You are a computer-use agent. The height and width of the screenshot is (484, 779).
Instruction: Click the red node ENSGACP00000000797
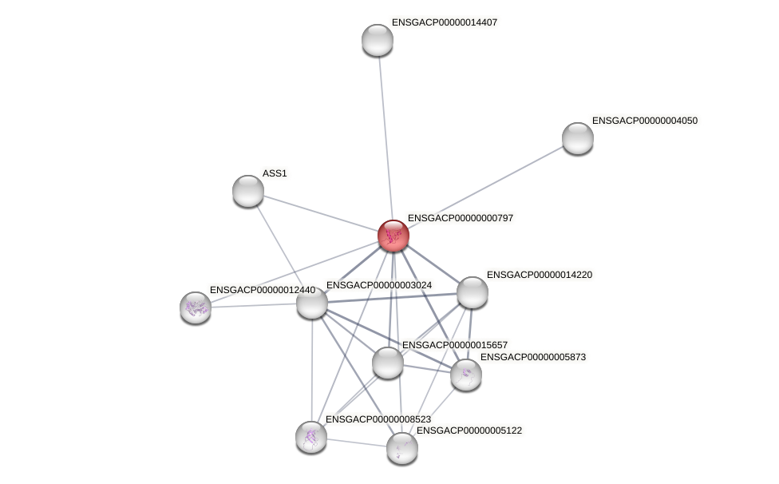click(x=393, y=236)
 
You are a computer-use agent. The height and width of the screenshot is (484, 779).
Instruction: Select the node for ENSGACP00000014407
click(x=378, y=40)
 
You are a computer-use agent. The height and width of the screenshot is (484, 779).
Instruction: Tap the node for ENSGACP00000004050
click(x=578, y=138)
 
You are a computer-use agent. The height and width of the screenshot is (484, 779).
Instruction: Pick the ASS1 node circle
click(x=248, y=191)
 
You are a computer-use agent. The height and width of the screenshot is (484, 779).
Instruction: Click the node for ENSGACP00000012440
click(x=196, y=307)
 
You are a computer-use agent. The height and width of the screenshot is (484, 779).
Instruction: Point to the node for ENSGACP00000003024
click(x=312, y=303)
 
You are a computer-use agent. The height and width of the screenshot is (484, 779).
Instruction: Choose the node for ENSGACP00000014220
click(x=473, y=292)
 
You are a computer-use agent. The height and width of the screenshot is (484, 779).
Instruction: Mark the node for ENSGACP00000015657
click(x=388, y=363)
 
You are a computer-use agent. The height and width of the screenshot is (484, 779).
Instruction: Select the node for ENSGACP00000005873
click(x=466, y=375)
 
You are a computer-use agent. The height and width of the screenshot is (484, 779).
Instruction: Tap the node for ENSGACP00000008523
click(x=311, y=437)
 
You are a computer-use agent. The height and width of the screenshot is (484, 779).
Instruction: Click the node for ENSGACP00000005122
click(x=402, y=448)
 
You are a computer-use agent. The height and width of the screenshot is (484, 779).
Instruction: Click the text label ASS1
click(x=275, y=173)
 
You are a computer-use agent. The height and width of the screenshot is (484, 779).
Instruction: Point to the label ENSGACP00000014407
click(x=444, y=22)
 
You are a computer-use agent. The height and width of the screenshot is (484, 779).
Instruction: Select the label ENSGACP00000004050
click(x=645, y=121)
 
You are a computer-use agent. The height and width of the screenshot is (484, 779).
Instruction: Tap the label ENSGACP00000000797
click(x=461, y=218)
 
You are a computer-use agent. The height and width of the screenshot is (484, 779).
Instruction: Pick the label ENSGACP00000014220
click(x=540, y=275)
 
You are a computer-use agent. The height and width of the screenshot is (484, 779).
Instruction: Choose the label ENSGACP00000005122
click(x=469, y=430)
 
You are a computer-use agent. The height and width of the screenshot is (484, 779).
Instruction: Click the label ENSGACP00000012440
click(x=262, y=290)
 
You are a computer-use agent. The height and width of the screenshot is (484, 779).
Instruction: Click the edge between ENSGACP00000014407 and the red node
click(x=386, y=136)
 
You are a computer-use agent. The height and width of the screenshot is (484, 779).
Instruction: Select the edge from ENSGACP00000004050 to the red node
click(x=487, y=186)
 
